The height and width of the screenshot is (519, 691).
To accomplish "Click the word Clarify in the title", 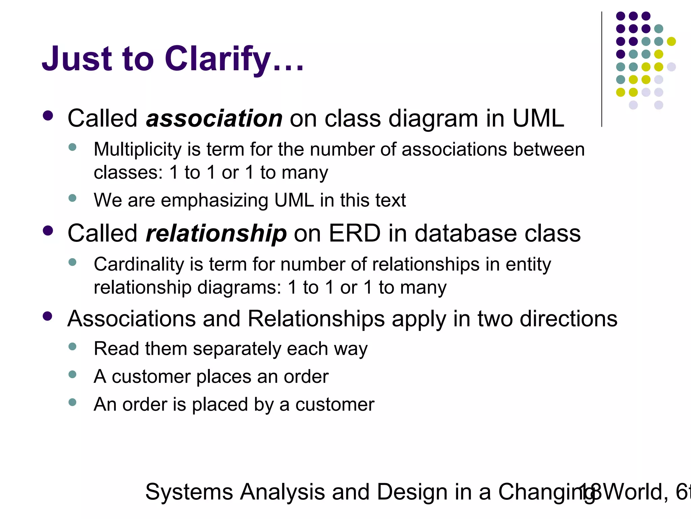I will point(218,59).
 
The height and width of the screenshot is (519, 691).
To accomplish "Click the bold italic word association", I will point(214,119).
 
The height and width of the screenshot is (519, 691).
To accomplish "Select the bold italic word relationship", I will point(216,234).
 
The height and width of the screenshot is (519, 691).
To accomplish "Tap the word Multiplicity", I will point(138,150).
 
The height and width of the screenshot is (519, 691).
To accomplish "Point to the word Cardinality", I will point(139,265).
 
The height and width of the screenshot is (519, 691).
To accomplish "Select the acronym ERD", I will point(355,234).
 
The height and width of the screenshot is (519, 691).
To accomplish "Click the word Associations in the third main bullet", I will point(132,319).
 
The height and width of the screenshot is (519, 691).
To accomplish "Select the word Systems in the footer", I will point(189,492).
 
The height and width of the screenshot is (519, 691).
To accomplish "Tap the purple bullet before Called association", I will point(48,116).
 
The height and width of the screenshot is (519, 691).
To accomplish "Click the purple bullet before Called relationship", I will point(48,231).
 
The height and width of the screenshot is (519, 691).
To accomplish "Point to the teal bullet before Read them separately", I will point(72,346).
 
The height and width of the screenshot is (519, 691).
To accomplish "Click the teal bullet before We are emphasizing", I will point(72,198).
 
